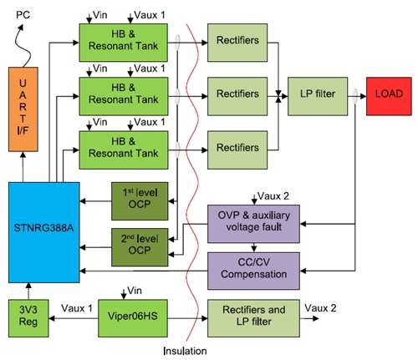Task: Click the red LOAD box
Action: [389, 96]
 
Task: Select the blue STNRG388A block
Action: [44, 232]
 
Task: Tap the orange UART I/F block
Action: [23, 109]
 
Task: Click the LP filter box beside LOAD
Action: [318, 96]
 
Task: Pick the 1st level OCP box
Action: [140, 201]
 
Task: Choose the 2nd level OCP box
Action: [140, 247]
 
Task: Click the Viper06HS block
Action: [133, 318]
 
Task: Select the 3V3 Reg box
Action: [28, 318]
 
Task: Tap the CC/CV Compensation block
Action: [253, 271]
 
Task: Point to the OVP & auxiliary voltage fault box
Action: [253, 224]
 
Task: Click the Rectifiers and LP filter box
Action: [253, 318]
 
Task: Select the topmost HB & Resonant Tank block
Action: [124, 43]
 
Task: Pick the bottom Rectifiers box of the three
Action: [237, 150]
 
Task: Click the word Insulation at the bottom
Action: [185, 351]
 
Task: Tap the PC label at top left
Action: [23, 14]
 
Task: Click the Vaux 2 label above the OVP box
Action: [273, 196]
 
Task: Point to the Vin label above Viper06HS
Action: [135, 291]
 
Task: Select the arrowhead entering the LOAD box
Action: [363, 96]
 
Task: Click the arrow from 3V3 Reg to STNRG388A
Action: [28, 292]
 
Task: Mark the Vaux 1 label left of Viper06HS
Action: [77, 308]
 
